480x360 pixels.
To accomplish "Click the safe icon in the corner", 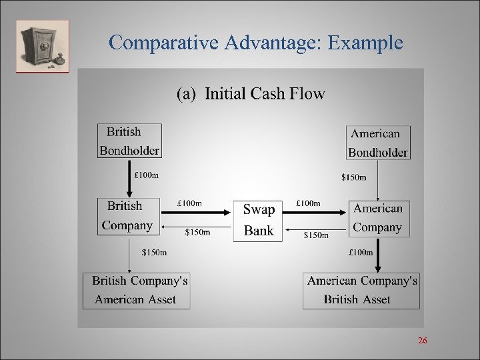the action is [x=43, y=46].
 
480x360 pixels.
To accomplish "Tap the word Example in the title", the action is [x=365, y=43].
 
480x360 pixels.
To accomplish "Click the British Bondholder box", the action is [x=129, y=141].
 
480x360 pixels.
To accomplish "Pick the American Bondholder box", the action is [x=378, y=143].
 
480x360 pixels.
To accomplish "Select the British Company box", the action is [x=127, y=215].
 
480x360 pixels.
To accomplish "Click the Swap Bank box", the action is [x=259, y=219].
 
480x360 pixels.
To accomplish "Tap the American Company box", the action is [x=378, y=218].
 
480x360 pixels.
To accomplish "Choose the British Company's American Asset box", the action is [x=137, y=290].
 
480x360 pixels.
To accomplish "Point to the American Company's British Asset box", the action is [x=361, y=290].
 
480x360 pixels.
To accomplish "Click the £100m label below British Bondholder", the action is [x=147, y=176].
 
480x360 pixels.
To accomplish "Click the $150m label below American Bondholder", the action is [x=353, y=177].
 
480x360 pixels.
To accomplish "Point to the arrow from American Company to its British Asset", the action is [x=378, y=254].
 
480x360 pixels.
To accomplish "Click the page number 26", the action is [x=422, y=341].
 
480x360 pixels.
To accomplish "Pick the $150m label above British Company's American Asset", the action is [x=155, y=252].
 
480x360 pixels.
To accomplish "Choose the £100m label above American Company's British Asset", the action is [x=361, y=252].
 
